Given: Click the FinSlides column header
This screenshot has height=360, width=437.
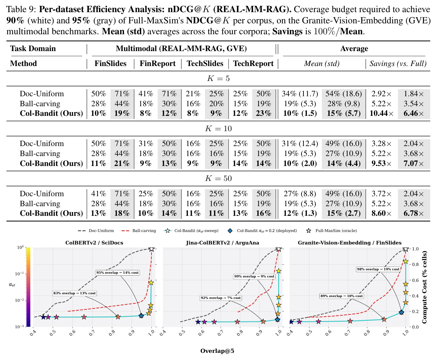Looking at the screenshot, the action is coord(110,64).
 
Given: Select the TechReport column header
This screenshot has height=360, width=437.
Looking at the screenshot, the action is coord(253,64).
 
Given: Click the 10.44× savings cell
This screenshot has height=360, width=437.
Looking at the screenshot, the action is coord(381,113).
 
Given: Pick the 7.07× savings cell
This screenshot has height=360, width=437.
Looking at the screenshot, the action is coord(414,163).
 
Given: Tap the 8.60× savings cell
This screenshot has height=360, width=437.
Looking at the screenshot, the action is coord(381,213).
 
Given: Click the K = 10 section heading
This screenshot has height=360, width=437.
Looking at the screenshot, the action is coord(218,128).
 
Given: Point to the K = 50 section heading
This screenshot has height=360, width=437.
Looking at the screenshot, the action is coord(218,178).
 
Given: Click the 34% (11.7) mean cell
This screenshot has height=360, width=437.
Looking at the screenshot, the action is coord(300,93).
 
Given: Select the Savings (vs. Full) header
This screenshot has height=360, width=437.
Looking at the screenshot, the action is coord(398,64).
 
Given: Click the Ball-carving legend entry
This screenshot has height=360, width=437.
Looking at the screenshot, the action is coord(139,231).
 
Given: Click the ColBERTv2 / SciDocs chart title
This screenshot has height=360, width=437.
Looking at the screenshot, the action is coord(94,243).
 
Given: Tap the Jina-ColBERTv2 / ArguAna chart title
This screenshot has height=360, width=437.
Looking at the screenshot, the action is coord(222,243).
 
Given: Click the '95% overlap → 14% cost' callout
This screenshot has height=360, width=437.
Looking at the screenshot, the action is coord(117,272).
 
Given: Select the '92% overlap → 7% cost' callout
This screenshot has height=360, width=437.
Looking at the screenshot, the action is coord(221,298).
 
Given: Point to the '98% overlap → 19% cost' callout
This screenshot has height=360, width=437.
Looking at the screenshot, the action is coord(378,269).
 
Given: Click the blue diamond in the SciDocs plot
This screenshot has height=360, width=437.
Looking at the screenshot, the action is coord(141,316).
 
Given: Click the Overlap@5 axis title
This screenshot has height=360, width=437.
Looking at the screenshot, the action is coord(217,351).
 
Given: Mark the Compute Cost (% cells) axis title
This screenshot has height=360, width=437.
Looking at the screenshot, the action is coord(424,287).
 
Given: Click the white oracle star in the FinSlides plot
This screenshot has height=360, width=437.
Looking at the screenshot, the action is coord(406,249).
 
